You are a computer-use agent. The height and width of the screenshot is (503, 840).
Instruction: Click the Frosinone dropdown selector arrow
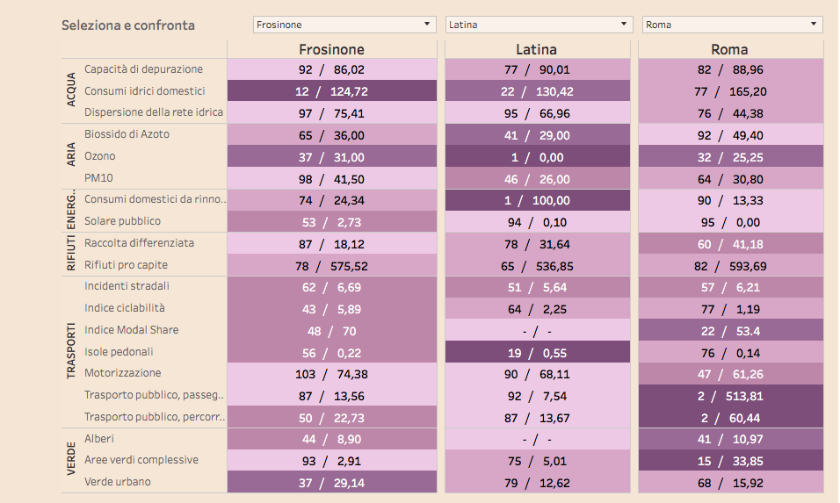(427, 25)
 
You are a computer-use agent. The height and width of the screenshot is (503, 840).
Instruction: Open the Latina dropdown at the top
(538, 25)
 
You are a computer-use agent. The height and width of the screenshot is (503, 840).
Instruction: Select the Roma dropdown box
(732, 25)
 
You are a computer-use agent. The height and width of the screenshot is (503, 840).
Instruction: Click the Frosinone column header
(331, 49)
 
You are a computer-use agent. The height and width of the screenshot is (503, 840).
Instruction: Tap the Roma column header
(730, 49)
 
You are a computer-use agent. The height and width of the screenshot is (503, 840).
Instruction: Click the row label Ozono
(99, 156)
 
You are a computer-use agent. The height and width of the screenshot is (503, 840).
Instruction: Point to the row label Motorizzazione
(123, 373)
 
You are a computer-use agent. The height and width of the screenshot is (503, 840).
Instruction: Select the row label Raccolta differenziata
(139, 242)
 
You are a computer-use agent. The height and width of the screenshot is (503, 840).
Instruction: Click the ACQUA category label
(71, 90)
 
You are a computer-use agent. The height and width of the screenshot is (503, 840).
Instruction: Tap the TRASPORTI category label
(71, 351)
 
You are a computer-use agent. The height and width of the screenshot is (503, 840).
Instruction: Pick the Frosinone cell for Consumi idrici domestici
(331, 90)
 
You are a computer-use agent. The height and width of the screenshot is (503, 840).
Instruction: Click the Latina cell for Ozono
(538, 156)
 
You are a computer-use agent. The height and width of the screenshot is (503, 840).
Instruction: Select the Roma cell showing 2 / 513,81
(730, 395)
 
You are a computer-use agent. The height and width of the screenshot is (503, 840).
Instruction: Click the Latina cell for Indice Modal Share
(538, 330)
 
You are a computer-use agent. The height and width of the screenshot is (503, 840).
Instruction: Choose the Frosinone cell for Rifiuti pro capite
(331, 265)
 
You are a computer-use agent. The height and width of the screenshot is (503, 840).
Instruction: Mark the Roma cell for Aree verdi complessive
(730, 460)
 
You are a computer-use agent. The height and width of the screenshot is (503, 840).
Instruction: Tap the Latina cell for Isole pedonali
(538, 352)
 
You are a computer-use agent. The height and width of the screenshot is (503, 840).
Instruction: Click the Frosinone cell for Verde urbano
(331, 482)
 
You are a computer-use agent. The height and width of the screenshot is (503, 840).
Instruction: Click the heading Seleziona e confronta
(128, 25)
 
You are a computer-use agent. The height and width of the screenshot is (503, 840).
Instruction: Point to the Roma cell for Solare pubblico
(730, 221)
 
